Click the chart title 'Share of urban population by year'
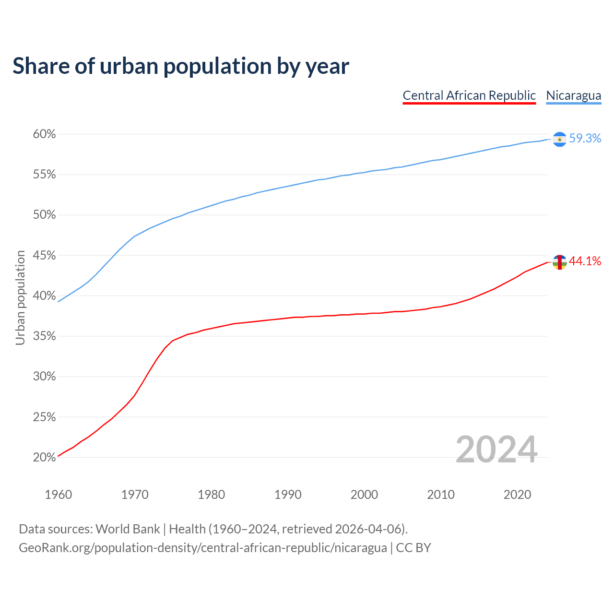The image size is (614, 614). pyautogui.click(x=181, y=66)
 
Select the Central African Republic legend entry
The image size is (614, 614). pyautogui.click(x=469, y=95)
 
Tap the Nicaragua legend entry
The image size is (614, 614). pyautogui.click(x=573, y=95)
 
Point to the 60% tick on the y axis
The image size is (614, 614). pyautogui.click(x=45, y=134)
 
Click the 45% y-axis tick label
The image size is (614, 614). pyautogui.click(x=45, y=256)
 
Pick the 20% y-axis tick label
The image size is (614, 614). pyautogui.click(x=45, y=458)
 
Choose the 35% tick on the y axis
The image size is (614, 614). pyautogui.click(x=45, y=336)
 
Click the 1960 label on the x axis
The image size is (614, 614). pyautogui.click(x=58, y=495)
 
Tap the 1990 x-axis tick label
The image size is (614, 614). pyautogui.click(x=288, y=495)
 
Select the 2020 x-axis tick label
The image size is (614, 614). pyautogui.click(x=517, y=495)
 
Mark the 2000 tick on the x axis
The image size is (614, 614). pyautogui.click(x=364, y=495)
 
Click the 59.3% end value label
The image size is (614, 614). pyautogui.click(x=585, y=139)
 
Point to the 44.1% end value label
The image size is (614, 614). pyautogui.click(x=585, y=261)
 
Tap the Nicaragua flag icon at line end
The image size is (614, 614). pyautogui.click(x=559, y=139)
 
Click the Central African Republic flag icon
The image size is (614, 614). pyautogui.click(x=559, y=262)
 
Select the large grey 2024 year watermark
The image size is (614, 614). pyautogui.click(x=496, y=450)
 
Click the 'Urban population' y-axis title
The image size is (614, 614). pyautogui.click(x=20, y=297)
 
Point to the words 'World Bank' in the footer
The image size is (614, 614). pyautogui.click(x=128, y=529)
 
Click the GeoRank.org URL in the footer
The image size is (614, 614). pyautogui.click(x=202, y=548)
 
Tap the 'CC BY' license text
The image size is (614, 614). pyautogui.click(x=413, y=548)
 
